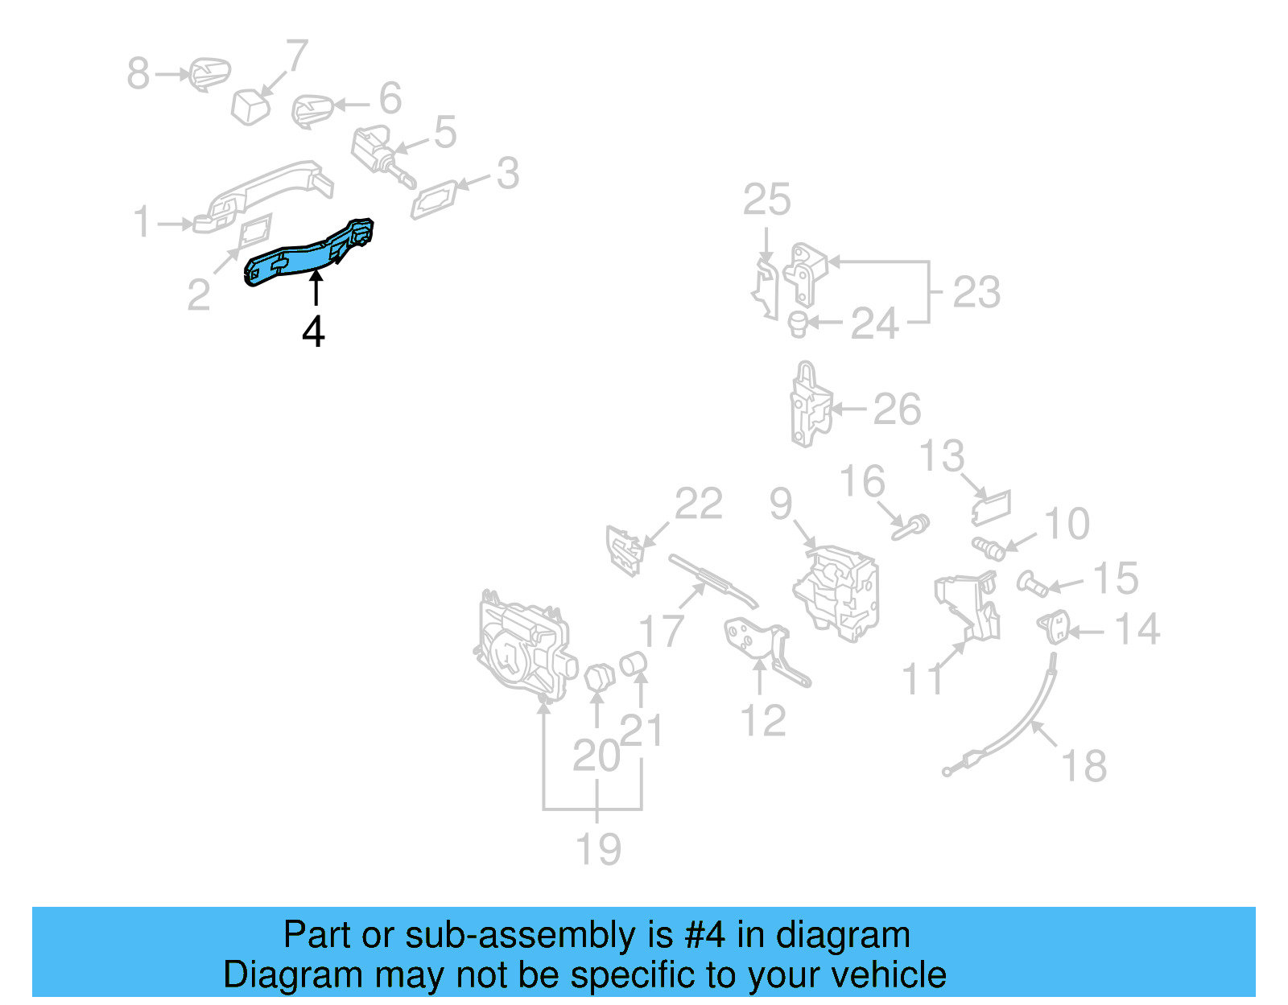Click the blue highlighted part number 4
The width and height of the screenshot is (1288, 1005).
pos(306,256)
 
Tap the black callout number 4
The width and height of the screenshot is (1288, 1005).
pos(313,332)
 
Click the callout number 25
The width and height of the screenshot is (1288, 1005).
pos(766,200)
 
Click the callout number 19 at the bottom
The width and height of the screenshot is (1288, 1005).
pos(598,849)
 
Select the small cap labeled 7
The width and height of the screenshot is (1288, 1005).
pos(250,107)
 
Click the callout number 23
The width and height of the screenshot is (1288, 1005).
pos(976,292)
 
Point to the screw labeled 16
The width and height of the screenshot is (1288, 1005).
pos(910,528)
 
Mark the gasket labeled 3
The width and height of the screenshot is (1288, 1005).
pos(436,199)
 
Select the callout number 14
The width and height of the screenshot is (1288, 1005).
pos(1137,630)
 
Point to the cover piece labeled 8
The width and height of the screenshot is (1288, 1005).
pos(208,74)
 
